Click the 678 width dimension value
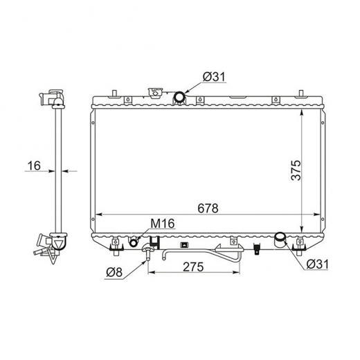coord(208,208)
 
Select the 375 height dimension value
coord(296,170)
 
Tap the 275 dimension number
coord(193,267)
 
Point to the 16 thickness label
coord(34,165)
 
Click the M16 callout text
coord(163,223)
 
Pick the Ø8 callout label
coord(114,273)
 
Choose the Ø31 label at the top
coord(214,77)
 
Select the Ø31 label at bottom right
coord(317,264)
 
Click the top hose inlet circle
coord(179,97)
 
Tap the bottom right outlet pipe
coord(280,240)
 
